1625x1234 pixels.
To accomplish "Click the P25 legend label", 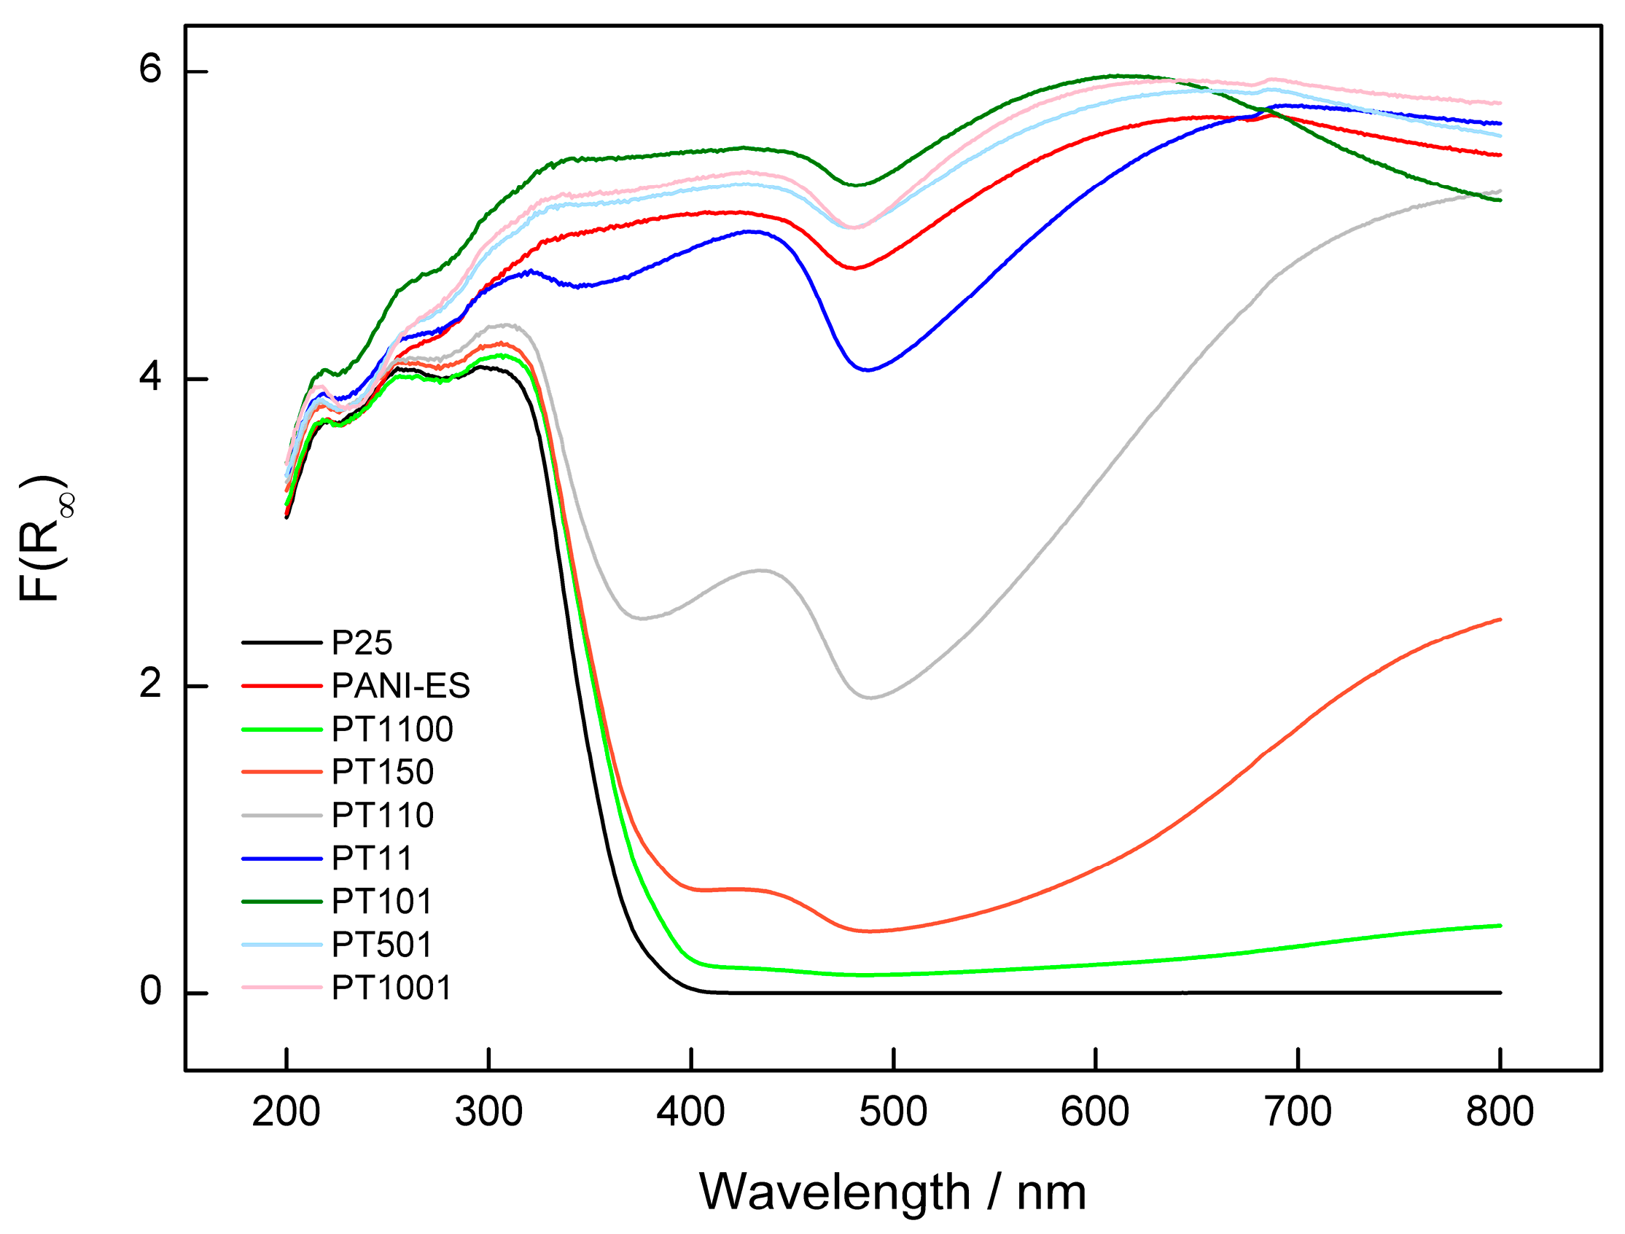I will coord(362,644).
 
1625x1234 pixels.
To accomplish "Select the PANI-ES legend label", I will coord(400,686).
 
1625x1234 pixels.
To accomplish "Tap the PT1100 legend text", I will coord(392,730).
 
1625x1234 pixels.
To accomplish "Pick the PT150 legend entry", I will coord(383,772).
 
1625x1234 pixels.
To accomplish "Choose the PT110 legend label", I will coord(383,816).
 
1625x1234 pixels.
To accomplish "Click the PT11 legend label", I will coord(372,859).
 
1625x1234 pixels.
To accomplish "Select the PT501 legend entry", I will coord(382,945).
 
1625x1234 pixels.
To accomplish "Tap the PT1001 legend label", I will coord(391,988).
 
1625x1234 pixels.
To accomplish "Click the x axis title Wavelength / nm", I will coord(892,1192).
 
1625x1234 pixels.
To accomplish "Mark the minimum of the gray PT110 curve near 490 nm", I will coord(870,698).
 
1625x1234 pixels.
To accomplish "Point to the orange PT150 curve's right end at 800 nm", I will coord(1499,620).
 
